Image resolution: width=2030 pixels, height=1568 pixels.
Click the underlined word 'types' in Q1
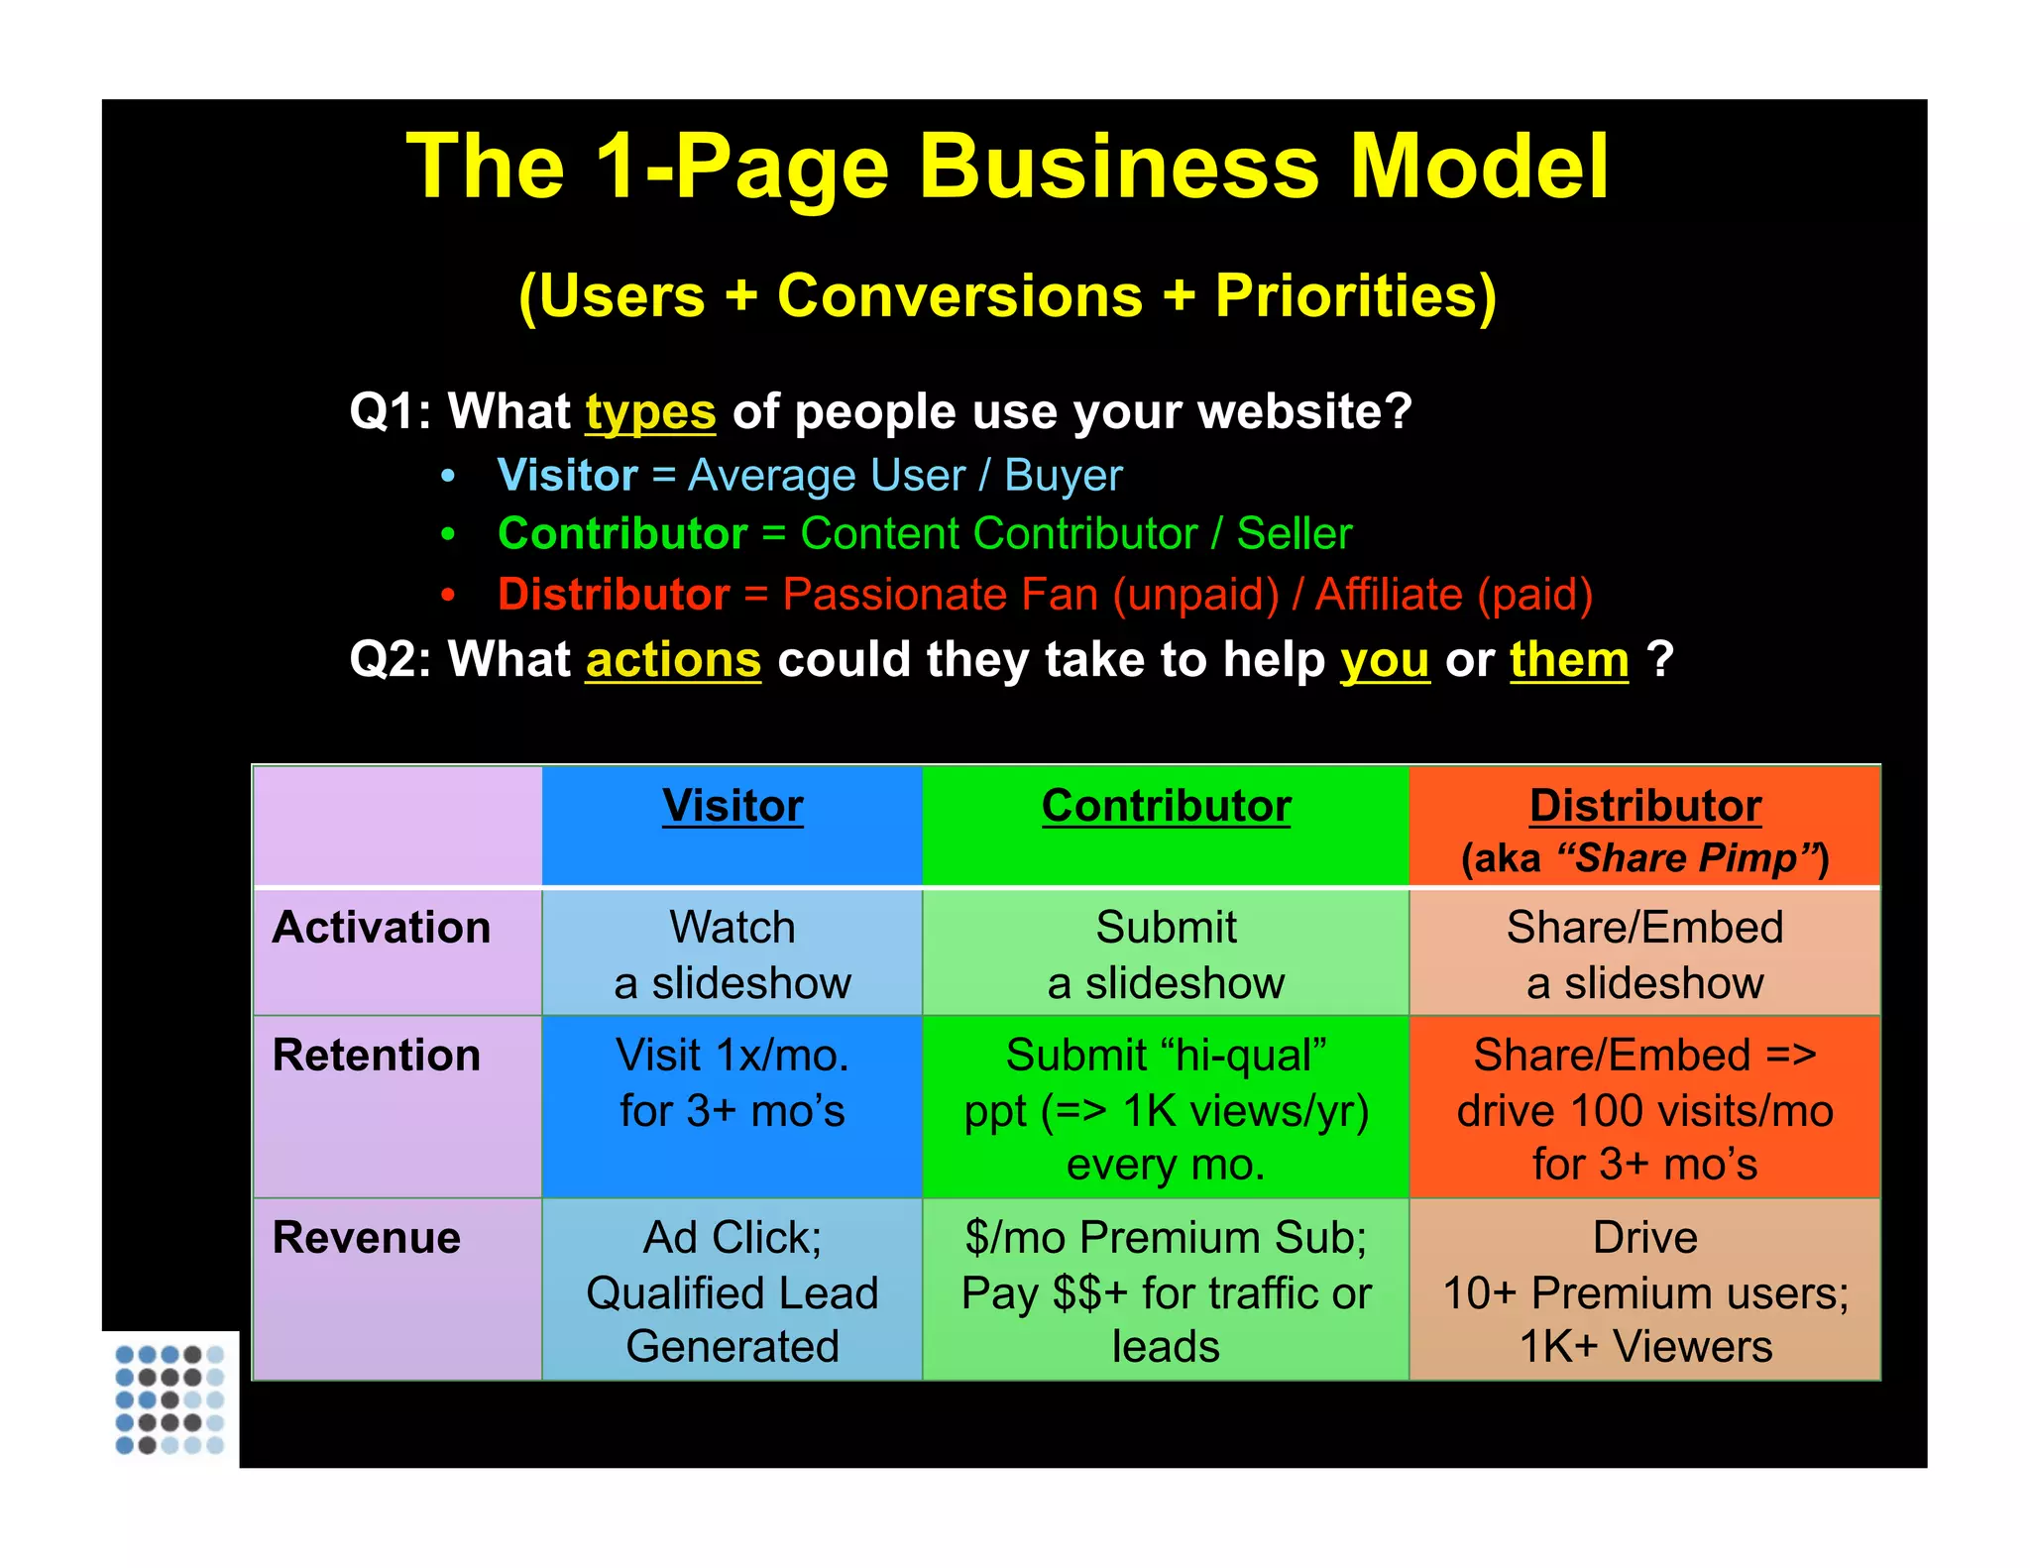650,411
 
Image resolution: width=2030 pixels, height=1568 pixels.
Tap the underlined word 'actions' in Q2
673,659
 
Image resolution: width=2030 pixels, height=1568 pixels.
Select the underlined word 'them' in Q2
1569,659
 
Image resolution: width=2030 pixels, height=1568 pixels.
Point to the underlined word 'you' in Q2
1384,659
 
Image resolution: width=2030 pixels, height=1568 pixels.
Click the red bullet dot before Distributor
448,596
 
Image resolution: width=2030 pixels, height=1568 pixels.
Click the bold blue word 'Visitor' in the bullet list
567,475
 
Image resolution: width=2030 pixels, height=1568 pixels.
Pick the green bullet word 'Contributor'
622,533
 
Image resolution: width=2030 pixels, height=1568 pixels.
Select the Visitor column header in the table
733,806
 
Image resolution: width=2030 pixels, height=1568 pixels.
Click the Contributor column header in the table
1166,806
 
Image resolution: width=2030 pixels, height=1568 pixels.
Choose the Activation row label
382,928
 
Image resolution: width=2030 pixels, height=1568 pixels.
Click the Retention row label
377,1055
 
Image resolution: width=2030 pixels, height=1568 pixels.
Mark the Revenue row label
367,1237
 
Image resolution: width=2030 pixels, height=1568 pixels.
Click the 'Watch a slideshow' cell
733,954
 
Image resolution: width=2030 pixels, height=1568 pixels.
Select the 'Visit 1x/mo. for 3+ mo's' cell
733,1082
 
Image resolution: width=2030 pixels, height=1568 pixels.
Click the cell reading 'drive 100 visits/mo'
1644,1110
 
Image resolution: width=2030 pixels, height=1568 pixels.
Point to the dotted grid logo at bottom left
169,1399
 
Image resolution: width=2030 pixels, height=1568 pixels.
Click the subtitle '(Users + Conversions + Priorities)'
1007,295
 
